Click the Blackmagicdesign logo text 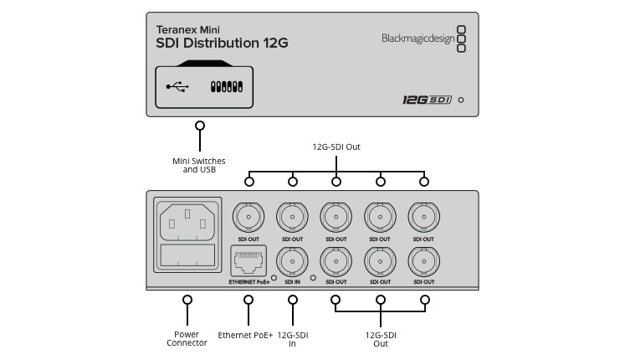(416, 38)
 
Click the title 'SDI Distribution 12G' (222, 43)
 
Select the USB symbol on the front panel (177, 85)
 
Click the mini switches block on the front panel (227, 86)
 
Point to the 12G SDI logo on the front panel (427, 100)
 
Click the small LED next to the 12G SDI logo (461, 100)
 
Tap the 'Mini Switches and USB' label (199, 165)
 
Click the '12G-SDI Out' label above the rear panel (336, 147)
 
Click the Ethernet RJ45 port (248, 263)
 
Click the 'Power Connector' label (187, 339)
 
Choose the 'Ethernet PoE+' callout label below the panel (246, 335)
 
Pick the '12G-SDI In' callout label (293, 339)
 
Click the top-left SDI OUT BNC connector (248, 218)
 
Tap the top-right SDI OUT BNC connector (423, 218)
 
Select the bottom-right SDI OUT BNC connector (423, 262)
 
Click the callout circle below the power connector (187, 299)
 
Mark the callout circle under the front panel (199, 126)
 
